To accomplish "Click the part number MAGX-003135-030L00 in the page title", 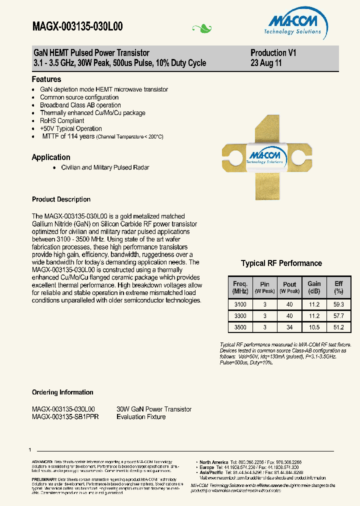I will click(x=77, y=27).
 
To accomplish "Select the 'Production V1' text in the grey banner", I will click(x=273, y=53).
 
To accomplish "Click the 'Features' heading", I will click(x=46, y=79).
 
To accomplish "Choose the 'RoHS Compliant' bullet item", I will click(x=62, y=121).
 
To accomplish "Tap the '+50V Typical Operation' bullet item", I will click(x=71, y=128).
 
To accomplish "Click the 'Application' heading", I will click(x=51, y=157).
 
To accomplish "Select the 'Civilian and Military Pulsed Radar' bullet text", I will click(x=105, y=168).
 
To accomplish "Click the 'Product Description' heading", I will click(x=61, y=199).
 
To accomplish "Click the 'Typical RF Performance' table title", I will click(x=281, y=263).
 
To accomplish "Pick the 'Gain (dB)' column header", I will click(x=314, y=287).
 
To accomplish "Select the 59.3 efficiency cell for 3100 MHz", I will click(x=338, y=304).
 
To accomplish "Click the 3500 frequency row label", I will click(x=240, y=327).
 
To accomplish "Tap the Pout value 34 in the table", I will click(x=289, y=327).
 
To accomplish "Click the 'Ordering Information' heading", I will click(x=62, y=392).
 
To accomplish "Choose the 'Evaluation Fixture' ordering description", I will click(x=141, y=416).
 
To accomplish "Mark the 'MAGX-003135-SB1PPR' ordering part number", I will click(x=65, y=416).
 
